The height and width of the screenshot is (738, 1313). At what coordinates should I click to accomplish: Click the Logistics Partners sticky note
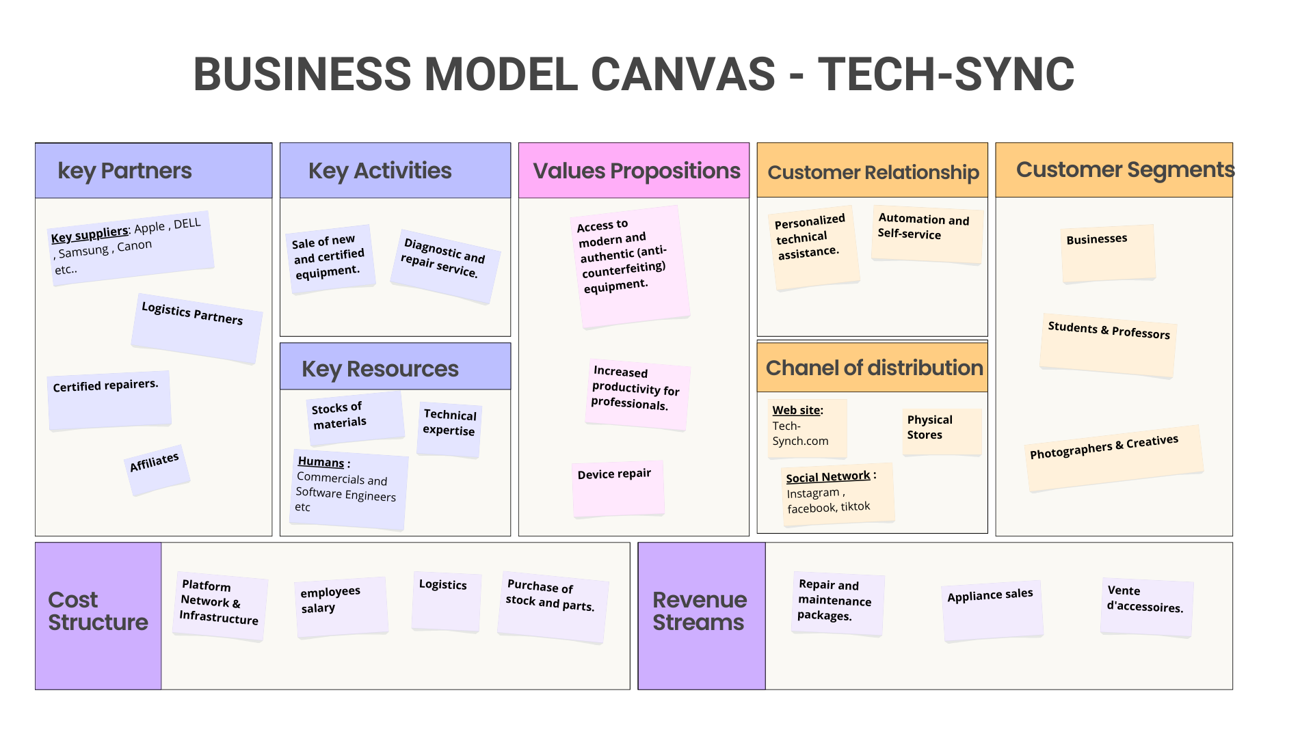(196, 328)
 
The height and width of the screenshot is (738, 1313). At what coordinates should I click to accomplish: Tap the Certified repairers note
(109, 400)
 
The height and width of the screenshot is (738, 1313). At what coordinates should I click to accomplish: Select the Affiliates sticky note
(157, 469)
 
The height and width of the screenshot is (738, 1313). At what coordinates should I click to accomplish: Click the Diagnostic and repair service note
(445, 266)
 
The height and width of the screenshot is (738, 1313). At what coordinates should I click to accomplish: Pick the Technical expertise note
(449, 428)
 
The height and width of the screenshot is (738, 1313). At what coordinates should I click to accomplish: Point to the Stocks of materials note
(355, 417)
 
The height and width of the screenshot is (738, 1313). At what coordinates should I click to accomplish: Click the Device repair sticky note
(618, 488)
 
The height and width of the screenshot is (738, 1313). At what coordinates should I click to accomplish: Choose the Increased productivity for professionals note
(637, 394)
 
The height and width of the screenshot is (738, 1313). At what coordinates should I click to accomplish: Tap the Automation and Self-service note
(927, 234)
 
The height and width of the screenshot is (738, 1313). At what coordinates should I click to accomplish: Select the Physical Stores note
(942, 431)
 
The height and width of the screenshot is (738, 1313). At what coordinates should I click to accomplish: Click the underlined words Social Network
(827, 477)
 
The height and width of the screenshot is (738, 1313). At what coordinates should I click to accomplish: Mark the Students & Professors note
(1108, 344)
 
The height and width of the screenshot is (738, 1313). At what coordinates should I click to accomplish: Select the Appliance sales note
(992, 610)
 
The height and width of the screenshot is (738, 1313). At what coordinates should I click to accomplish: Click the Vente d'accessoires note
(1147, 607)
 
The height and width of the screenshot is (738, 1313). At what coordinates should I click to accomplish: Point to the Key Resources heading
(380, 369)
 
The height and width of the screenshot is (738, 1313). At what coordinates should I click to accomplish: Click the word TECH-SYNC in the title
(946, 74)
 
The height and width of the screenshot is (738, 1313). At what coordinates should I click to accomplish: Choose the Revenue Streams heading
(699, 611)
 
